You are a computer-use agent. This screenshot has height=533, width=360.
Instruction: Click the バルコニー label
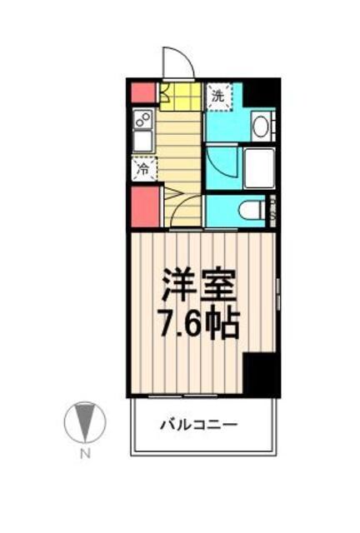pos(199,425)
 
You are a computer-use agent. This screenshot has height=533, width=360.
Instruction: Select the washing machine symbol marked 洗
pos(217,96)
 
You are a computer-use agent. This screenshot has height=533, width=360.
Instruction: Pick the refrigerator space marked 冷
pos(142,169)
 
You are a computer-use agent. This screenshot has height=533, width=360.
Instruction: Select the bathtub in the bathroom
pos(258,167)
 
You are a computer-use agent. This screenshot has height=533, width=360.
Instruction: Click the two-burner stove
pos(142,117)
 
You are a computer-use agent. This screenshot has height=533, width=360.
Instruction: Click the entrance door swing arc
pos(177,62)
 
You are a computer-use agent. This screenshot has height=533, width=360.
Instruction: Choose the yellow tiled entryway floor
pos(180,97)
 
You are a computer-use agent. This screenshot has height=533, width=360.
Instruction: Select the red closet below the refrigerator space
pos(143,207)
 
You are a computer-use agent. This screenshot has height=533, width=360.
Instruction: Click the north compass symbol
pos(85,422)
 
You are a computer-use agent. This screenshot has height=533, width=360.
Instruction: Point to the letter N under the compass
pos(85,454)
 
